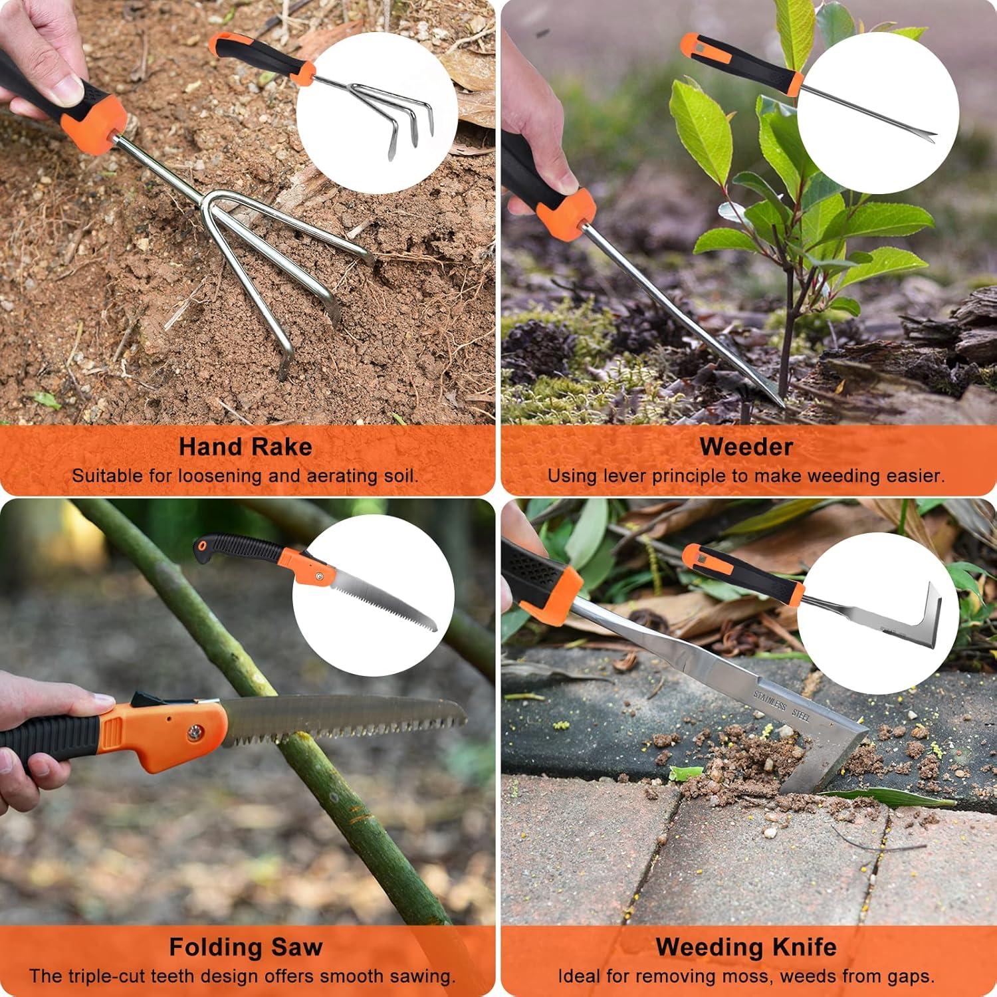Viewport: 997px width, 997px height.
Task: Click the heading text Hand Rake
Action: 245,447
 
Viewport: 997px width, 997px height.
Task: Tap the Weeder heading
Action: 746,447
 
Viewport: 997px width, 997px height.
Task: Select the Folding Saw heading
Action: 245,946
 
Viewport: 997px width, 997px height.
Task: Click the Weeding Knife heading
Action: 746,946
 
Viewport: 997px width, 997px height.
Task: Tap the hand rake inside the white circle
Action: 392,110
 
